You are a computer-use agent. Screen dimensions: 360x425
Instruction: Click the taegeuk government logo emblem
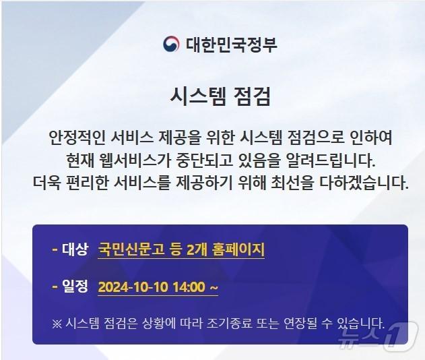tap(171, 44)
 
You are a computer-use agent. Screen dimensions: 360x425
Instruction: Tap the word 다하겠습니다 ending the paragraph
tap(368, 182)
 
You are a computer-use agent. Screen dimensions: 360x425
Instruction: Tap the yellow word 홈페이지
tap(240, 249)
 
